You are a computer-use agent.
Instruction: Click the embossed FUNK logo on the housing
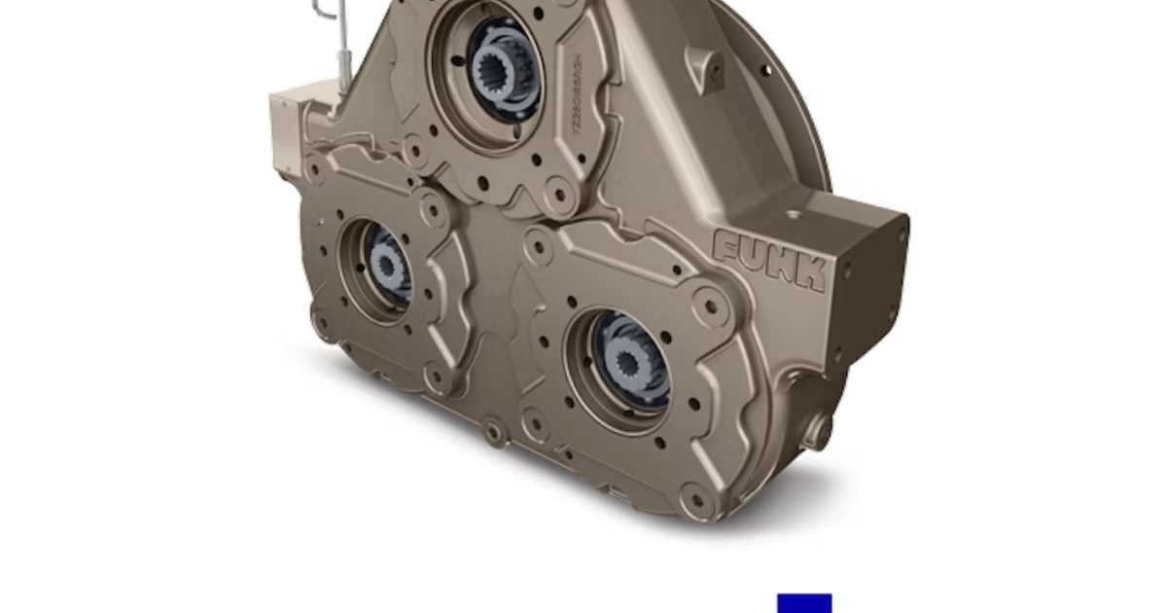pyautogui.click(x=770, y=260)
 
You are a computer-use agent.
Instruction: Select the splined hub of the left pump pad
pyautogui.click(x=388, y=264)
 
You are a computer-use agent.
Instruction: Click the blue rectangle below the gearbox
pyautogui.click(x=804, y=603)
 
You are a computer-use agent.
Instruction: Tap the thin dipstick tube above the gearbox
pyautogui.click(x=343, y=54)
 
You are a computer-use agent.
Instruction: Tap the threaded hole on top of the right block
pyautogui.click(x=794, y=213)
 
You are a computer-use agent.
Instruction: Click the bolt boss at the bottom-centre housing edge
pyautogui.click(x=493, y=427)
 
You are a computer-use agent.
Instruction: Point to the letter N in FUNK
pyautogui.click(x=782, y=266)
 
